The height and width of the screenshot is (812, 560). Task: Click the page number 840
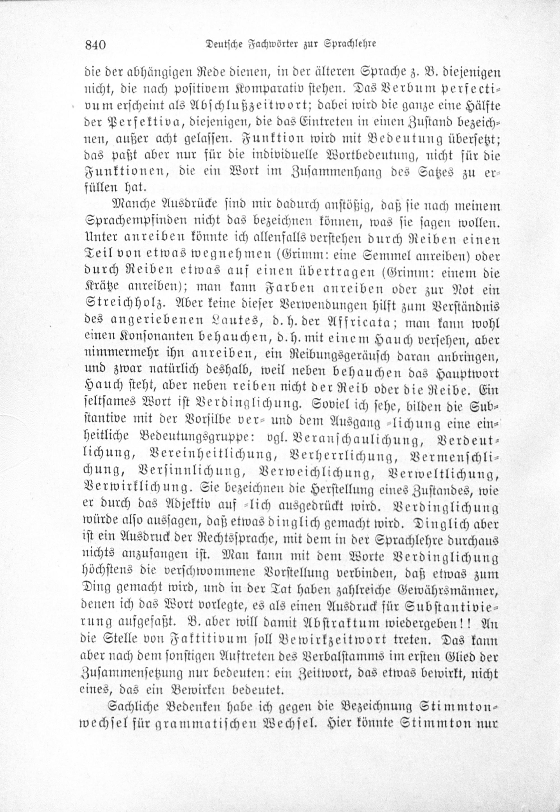coord(95,45)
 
